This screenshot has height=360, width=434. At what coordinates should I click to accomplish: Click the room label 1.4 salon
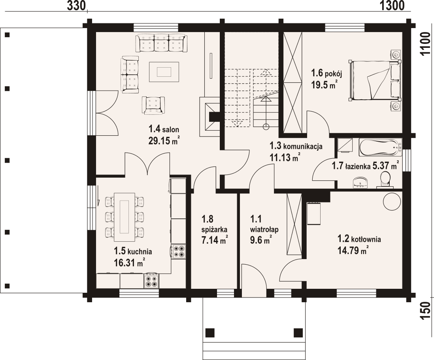tap(164, 129)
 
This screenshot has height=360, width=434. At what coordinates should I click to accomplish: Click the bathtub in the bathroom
tap(380, 147)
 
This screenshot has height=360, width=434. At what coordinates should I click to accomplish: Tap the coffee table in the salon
tap(164, 72)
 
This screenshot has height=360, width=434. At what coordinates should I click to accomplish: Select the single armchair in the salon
tap(153, 105)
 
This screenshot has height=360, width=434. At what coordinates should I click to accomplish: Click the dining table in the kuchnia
tap(124, 217)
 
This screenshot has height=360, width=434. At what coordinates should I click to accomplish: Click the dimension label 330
tap(76, 6)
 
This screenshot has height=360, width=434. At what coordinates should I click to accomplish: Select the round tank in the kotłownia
tap(392, 202)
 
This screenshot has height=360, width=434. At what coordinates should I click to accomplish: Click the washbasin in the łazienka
tap(360, 182)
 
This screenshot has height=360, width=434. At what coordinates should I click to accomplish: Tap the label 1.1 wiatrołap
tap(264, 224)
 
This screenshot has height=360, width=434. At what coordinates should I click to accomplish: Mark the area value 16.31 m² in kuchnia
tap(129, 261)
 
